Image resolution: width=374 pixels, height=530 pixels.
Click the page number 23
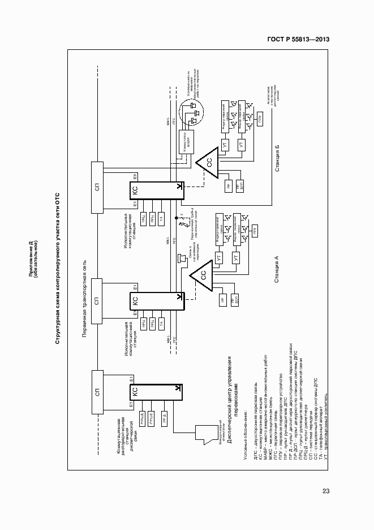(x=326, y=491)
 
